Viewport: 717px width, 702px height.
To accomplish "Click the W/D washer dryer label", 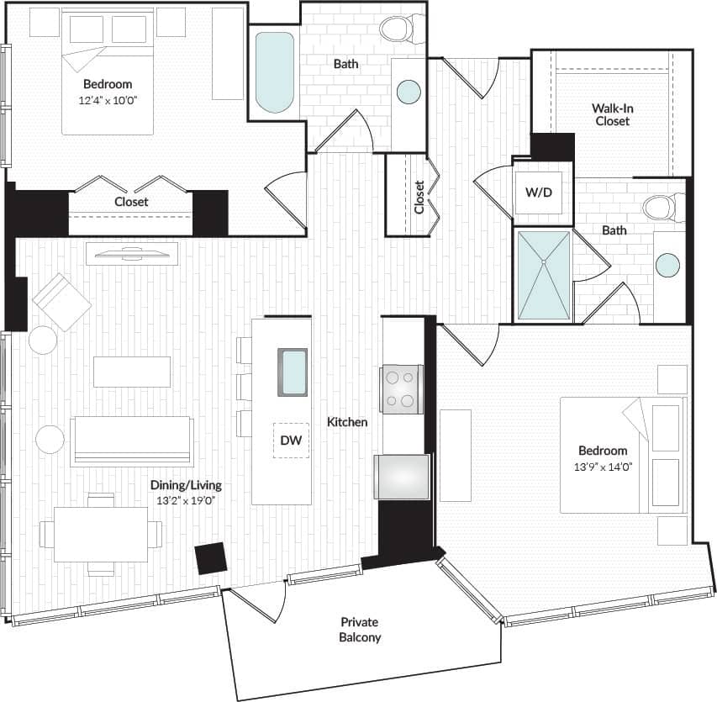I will pyautogui.click(x=539, y=193).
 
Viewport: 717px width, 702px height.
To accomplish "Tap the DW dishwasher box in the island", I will pyautogui.click(x=291, y=440).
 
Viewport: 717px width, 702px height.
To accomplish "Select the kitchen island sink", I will pyautogui.click(x=293, y=372).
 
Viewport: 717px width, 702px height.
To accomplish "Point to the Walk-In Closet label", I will pyautogui.click(x=610, y=114).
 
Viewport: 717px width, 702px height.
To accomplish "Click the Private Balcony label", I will pyautogui.click(x=360, y=630).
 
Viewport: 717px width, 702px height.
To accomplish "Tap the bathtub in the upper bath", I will pyautogui.click(x=275, y=71).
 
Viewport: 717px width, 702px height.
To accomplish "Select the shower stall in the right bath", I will pyautogui.click(x=542, y=276).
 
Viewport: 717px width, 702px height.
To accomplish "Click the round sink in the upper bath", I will pyautogui.click(x=409, y=91).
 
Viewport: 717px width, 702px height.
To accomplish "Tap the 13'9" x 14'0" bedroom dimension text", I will pyautogui.click(x=603, y=467).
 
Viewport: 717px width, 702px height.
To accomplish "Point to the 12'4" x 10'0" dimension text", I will pyautogui.click(x=108, y=100).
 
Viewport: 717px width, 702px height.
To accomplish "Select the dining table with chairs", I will pyautogui.click(x=101, y=534).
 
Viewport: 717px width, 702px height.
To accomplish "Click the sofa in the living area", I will pyautogui.click(x=132, y=440).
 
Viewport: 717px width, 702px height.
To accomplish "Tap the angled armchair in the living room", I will pyautogui.click(x=61, y=302).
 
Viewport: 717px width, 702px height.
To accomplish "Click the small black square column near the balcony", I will pyautogui.click(x=210, y=558).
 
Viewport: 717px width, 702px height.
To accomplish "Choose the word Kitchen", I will pyautogui.click(x=346, y=422).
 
